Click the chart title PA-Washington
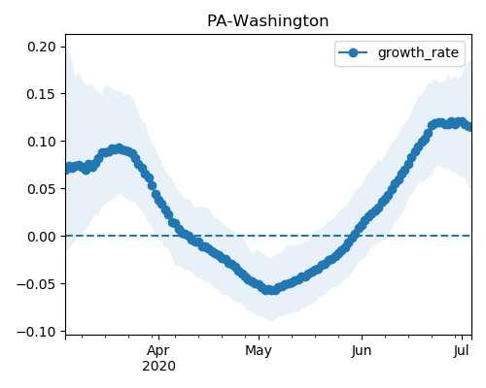[x=267, y=21]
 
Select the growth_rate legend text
[x=418, y=52]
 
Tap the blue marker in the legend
[x=353, y=52]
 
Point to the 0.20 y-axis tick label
[x=42, y=47]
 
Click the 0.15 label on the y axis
[x=42, y=94]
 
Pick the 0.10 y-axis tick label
[x=42, y=142]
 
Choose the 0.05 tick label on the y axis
[x=42, y=189]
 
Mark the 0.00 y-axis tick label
[x=42, y=237]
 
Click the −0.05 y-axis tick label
[x=37, y=284]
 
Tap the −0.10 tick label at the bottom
[x=37, y=332]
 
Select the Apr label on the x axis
[x=158, y=351]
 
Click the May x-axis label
[x=259, y=351]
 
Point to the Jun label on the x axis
[x=362, y=351]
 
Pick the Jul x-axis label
[x=462, y=351]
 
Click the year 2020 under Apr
[x=158, y=367]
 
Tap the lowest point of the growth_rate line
[x=271, y=290]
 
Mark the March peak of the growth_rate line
[x=120, y=149]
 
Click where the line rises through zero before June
[x=354, y=236]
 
